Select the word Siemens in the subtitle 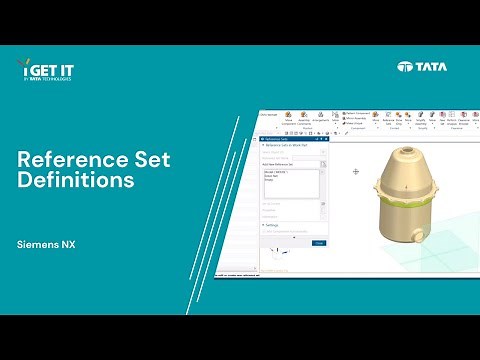[39, 244]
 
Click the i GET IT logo [46, 70]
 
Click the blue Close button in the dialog [318, 243]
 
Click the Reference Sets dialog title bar [290, 140]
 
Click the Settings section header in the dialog [273, 226]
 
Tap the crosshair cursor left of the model [355, 172]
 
